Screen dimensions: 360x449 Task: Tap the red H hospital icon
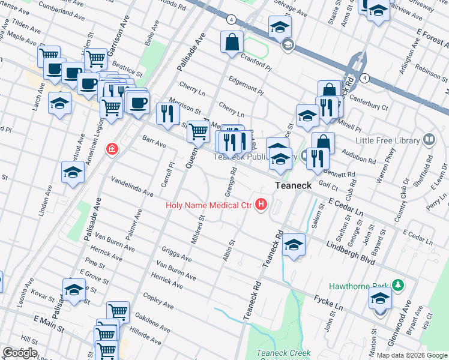261,205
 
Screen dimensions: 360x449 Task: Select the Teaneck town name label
293,186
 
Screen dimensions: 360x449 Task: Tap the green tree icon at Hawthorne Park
396,284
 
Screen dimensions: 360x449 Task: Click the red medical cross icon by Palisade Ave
111,149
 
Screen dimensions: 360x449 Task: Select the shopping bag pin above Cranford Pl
232,43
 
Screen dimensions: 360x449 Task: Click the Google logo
20,353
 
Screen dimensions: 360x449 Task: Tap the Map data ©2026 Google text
412,355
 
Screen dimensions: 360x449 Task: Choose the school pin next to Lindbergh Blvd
294,245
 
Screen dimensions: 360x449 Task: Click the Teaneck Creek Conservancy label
283,354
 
